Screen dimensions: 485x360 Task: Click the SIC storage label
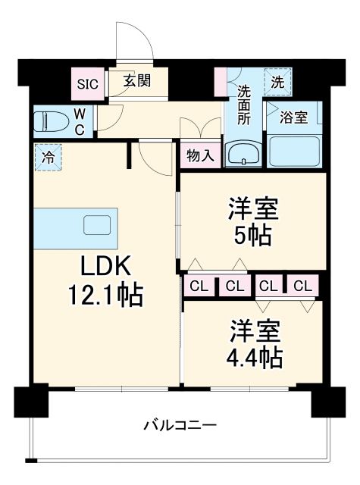[87, 84]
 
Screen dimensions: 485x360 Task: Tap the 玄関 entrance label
[136, 80]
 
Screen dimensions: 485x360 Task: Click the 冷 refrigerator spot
[48, 158]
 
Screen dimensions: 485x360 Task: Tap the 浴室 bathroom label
[293, 117]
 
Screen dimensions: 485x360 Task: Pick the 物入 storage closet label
[200, 156]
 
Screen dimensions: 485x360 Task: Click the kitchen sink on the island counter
[96, 225]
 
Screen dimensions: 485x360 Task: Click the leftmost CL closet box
[199, 286]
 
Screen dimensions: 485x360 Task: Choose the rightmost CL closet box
[302, 286]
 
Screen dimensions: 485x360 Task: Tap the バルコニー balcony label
[180, 424]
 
